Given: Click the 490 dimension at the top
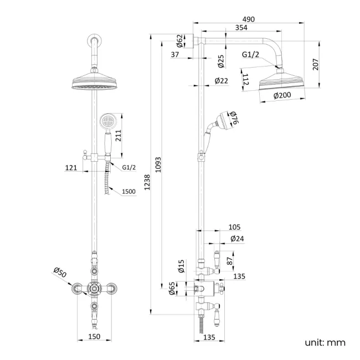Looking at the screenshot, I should (249, 19).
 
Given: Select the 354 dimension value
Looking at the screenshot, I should (241, 28).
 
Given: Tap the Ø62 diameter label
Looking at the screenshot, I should (180, 41).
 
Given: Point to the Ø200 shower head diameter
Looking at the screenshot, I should (282, 95).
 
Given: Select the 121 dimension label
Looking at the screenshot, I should (70, 167).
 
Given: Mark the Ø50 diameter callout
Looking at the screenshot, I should (60, 272).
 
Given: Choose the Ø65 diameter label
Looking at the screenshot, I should (172, 289).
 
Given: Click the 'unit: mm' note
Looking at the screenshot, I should (325, 342).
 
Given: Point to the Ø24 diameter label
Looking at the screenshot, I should (237, 239).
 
